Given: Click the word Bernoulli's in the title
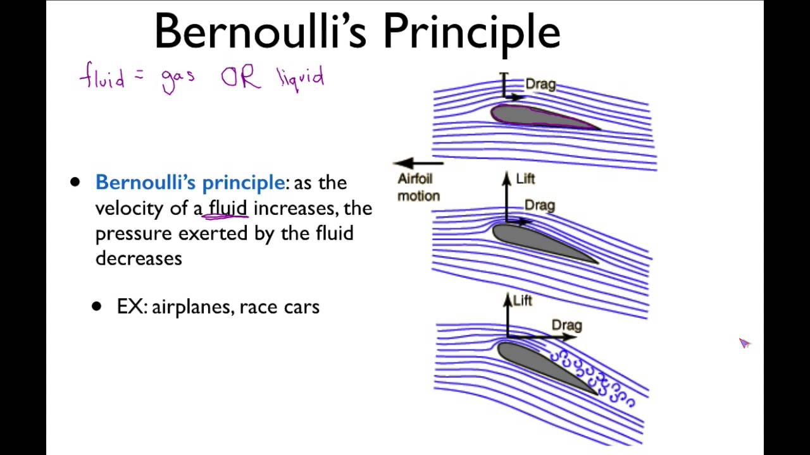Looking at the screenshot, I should (262, 32).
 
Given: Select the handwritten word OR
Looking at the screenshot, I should (240, 78).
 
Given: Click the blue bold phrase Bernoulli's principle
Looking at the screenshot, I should (190, 183).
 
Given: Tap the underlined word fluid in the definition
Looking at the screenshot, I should (228, 208).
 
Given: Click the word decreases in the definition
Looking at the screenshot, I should (139, 258).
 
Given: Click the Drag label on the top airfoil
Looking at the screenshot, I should (540, 84).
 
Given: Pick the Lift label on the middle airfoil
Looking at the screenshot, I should (525, 179).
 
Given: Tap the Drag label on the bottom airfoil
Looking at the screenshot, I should (566, 325).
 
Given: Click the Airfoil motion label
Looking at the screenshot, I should (418, 188).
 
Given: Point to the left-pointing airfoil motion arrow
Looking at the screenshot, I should (418, 163).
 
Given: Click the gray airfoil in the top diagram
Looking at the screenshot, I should (538, 117).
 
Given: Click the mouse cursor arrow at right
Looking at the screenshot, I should (744, 343).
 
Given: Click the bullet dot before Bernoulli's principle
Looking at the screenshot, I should (76, 183).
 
